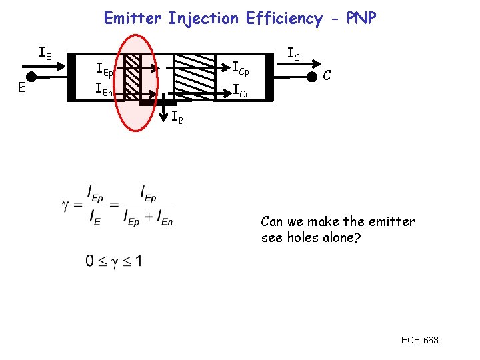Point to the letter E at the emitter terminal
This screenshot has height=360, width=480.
tap(22, 87)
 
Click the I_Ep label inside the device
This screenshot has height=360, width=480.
tap(105, 69)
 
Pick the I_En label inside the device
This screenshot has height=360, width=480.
tap(105, 88)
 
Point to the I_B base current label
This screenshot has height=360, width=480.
tap(177, 119)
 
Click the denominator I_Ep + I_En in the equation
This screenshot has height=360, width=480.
tap(148, 217)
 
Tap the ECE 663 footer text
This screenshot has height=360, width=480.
tap(419, 340)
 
